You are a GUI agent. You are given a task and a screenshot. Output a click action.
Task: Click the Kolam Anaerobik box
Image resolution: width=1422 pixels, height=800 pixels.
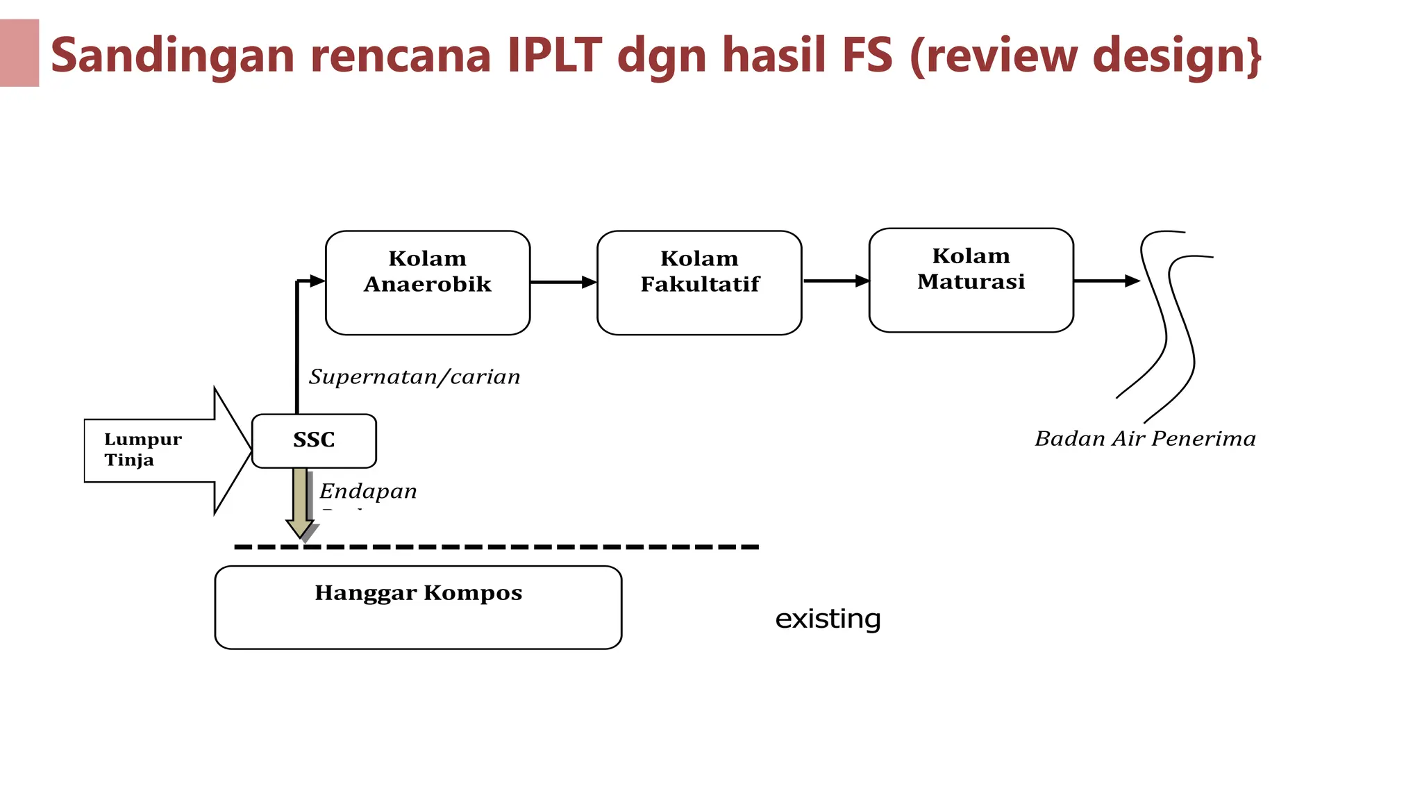(x=428, y=283)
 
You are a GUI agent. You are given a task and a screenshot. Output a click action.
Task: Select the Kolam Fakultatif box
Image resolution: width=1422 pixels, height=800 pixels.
(x=699, y=283)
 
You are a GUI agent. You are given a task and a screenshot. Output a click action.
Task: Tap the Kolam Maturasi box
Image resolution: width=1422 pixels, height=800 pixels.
(x=971, y=280)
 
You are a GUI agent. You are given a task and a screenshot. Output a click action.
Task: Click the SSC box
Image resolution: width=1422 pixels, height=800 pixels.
(x=314, y=441)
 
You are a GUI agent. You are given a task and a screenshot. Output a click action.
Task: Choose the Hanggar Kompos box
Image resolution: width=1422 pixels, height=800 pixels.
(x=418, y=608)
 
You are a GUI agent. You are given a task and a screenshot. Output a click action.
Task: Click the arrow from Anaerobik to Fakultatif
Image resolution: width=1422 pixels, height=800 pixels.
(x=563, y=282)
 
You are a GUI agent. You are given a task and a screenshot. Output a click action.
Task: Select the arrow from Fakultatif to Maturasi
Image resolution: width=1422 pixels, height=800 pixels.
(x=835, y=281)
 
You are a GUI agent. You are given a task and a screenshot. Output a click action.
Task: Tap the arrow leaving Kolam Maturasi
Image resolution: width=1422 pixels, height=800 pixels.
(x=1106, y=281)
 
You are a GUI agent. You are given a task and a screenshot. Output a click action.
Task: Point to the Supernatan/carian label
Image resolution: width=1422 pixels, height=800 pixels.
(x=415, y=377)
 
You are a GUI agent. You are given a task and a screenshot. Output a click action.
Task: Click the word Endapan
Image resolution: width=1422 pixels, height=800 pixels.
(x=368, y=492)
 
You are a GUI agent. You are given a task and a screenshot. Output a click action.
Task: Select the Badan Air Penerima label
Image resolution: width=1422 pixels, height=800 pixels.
(x=1145, y=439)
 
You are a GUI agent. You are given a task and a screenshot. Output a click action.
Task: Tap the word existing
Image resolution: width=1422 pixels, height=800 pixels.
(x=828, y=619)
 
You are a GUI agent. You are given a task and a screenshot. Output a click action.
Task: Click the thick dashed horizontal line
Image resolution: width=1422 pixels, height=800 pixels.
(x=496, y=547)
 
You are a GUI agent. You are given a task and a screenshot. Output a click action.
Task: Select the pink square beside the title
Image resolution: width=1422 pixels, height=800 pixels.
(x=19, y=53)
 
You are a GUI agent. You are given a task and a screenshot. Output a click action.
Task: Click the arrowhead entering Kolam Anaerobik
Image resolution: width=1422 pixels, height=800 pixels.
(x=317, y=281)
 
